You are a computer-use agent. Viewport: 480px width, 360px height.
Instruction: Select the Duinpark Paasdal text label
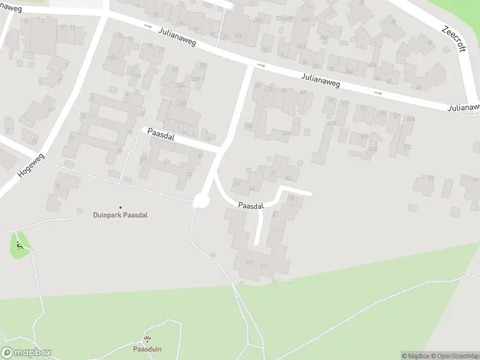(x=120, y=215)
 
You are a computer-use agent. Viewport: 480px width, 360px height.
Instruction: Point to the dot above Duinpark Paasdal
(x=120, y=207)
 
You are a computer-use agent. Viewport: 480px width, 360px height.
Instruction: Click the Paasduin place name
(x=147, y=349)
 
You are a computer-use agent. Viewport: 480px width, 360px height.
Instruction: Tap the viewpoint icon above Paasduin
(x=147, y=340)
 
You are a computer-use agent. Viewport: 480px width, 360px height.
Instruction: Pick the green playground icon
(x=20, y=245)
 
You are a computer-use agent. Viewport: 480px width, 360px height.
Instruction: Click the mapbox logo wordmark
(x=26, y=353)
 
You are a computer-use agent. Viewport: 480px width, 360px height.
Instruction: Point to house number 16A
(x=111, y=58)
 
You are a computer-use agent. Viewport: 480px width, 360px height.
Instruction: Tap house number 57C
(x=407, y=146)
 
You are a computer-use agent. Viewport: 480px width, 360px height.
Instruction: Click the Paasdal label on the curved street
(x=250, y=206)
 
